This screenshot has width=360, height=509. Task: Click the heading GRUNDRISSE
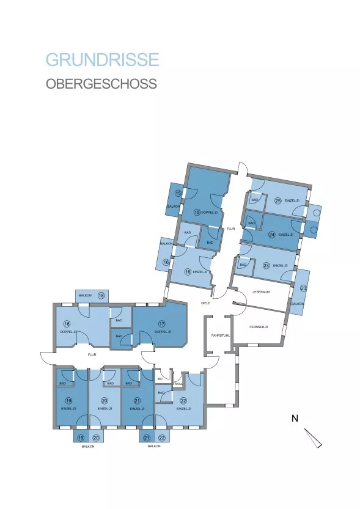click(x=103, y=60)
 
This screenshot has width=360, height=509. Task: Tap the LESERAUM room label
click(x=262, y=292)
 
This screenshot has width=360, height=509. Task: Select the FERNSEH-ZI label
click(x=259, y=328)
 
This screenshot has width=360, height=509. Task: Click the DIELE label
click(x=206, y=303)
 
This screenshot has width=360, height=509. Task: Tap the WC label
click(x=160, y=379)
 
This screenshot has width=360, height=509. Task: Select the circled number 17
click(x=162, y=324)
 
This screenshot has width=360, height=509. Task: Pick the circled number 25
click(x=277, y=200)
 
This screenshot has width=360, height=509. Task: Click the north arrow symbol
click(x=312, y=438)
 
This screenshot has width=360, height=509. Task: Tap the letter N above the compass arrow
click(x=295, y=419)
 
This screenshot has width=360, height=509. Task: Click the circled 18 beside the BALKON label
click(x=101, y=296)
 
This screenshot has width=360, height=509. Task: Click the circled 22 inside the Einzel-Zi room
click(x=183, y=400)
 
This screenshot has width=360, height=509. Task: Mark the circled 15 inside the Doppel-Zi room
click(x=197, y=212)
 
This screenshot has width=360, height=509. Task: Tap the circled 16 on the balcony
click(x=166, y=263)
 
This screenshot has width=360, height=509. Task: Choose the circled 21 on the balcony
click(x=147, y=438)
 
